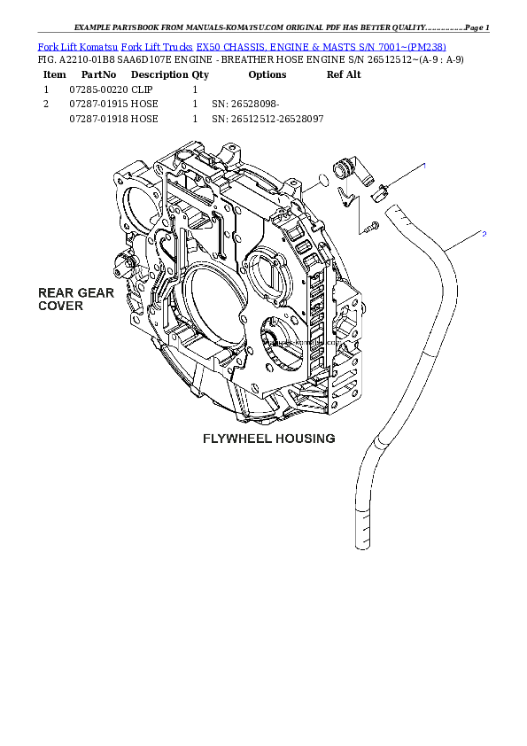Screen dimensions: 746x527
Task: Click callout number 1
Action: [x=423, y=166]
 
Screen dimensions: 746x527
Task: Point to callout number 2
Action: [x=484, y=234]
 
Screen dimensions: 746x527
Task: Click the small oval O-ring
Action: [x=322, y=182]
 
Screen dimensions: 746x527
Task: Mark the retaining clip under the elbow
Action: [x=351, y=197]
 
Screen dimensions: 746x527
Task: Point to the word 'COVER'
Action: [x=60, y=306]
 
